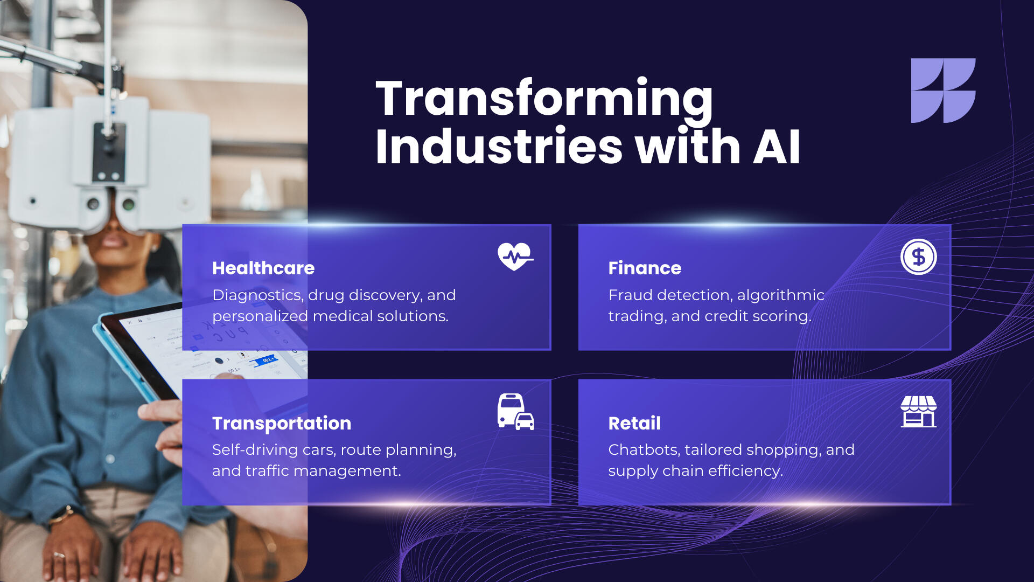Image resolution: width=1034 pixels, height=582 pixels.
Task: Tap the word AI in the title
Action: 776,147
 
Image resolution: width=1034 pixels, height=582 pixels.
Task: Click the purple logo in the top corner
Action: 943,91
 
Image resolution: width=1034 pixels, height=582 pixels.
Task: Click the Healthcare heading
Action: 263,268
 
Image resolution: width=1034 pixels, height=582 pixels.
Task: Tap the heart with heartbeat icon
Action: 515,257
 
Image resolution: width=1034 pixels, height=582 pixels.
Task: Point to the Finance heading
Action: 645,268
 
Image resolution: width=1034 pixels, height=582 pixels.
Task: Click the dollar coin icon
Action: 918,257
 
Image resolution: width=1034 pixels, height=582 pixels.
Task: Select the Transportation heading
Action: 282,424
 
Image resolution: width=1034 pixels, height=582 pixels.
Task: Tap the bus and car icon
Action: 515,412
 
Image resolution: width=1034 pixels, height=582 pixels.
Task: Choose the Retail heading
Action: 634,423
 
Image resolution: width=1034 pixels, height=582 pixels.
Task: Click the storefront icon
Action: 918,412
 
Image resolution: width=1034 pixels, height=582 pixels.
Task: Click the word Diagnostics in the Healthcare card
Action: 257,295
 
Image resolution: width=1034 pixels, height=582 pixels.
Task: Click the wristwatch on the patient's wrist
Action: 62,515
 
